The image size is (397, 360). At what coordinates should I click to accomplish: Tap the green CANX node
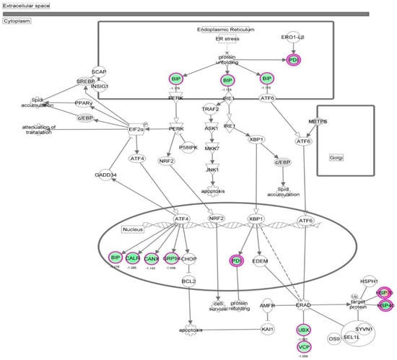pyautogui.click(x=152, y=258)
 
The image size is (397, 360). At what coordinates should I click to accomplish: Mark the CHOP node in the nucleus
pyautogui.click(x=190, y=258)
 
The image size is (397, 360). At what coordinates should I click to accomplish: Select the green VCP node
pyautogui.click(x=304, y=346)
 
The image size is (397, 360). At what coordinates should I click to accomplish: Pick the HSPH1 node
pyautogui.click(x=347, y=281)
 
